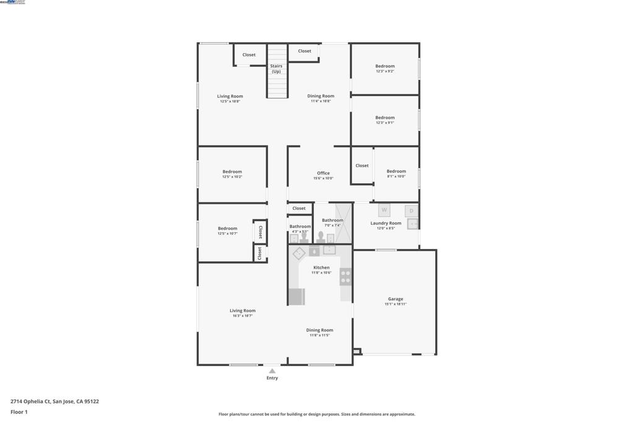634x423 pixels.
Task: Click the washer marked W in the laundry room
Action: (384, 210)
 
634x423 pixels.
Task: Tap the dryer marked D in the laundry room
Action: (411, 211)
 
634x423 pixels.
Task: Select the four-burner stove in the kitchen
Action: (345, 276)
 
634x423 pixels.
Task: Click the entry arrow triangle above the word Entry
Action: (272, 371)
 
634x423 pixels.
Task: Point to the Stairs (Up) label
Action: (276, 69)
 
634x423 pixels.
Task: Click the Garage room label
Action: (395, 299)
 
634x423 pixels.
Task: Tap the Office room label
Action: (323, 173)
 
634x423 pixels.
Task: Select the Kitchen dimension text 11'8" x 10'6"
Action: (321, 273)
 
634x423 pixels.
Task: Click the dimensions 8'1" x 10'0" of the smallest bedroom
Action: (396, 177)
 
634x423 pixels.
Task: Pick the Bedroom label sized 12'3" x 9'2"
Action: (384, 66)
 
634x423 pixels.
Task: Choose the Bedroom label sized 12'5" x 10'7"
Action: (227, 229)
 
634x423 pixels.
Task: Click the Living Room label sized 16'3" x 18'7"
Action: (242, 311)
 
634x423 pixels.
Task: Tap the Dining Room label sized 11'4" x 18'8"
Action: (321, 96)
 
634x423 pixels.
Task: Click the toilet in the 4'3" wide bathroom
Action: (304, 237)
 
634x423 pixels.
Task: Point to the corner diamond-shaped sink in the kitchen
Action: (298, 253)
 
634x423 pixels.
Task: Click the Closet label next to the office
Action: (299, 209)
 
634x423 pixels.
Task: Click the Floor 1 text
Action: (19, 412)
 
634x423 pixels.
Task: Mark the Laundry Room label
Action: (386, 223)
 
